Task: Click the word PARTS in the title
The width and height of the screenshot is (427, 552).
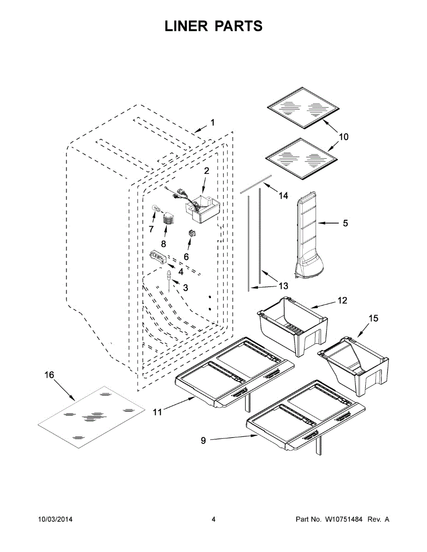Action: tap(238, 26)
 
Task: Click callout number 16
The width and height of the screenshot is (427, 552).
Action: tap(49, 375)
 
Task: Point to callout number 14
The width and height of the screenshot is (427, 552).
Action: tap(283, 195)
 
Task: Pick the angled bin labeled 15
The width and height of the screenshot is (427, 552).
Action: tap(355, 363)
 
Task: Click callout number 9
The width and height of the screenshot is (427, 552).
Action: tap(204, 441)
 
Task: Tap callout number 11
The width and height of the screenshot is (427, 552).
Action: tap(158, 412)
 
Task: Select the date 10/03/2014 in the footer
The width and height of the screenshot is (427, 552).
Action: tap(55, 519)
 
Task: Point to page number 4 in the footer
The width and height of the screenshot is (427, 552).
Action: tap(213, 519)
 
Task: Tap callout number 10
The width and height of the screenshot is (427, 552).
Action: tap(344, 137)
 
